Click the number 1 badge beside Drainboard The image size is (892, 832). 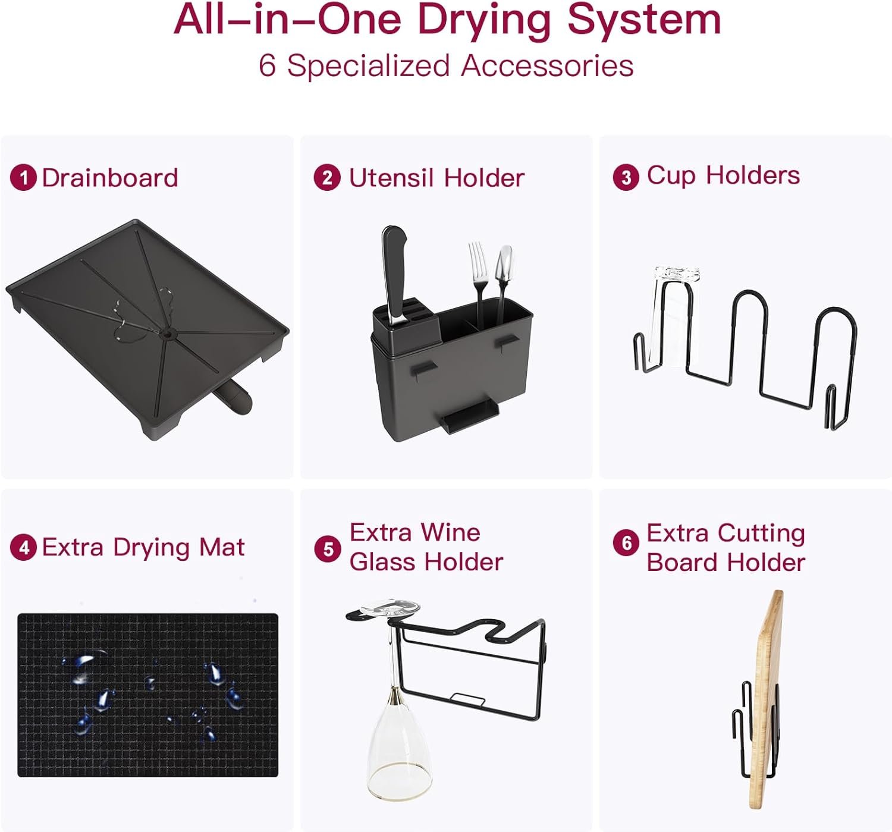point(23,178)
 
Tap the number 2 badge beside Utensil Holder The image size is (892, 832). point(327,178)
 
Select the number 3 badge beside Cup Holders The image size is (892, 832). point(626,177)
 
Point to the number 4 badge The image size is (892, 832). point(23,547)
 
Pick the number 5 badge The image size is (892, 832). point(328,548)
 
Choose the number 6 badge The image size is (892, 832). point(626,542)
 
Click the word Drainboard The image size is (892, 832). point(110,178)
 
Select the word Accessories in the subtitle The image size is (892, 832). point(547,65)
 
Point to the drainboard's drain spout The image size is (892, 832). point(234,395)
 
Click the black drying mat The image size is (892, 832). point(147,695)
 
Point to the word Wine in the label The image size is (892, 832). point(451,532)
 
